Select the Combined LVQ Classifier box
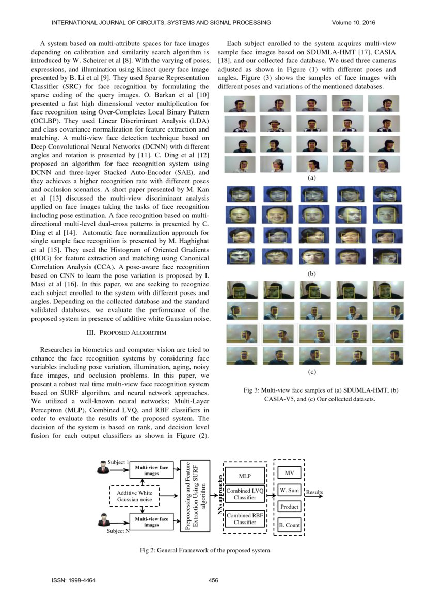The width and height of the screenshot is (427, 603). point(245,494)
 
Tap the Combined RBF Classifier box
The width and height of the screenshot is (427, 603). point(245,518)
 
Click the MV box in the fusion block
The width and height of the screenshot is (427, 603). point(289,472)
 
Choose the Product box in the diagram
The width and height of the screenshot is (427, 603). point(289,507)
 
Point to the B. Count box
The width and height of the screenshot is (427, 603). point(289,525)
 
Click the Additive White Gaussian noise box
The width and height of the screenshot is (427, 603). point(134,496)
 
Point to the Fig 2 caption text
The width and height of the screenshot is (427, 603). point(205,550)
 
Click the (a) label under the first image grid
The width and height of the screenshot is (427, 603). point(311,177)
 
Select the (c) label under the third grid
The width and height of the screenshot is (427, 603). point(311,371)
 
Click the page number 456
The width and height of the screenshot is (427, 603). point(213,581)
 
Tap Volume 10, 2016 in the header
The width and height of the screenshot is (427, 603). point(354,22)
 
